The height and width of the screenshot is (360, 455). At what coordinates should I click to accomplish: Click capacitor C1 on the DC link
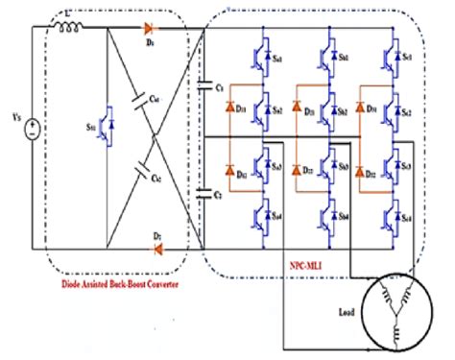(203, 85)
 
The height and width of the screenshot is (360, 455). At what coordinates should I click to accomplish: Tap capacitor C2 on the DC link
(203, 193)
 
